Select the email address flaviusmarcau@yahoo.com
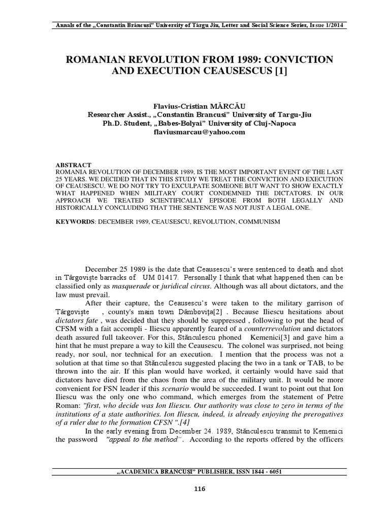(196, 132)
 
